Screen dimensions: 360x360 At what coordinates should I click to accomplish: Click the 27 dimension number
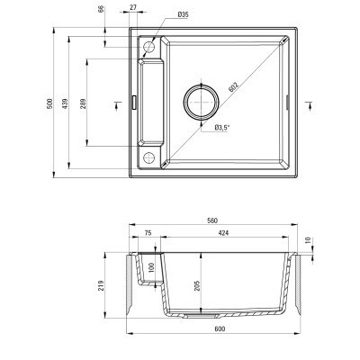[134, 9]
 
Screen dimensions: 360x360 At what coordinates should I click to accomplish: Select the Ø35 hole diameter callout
[183, 14]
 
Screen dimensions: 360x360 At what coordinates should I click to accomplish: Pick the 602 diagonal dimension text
[230, 88]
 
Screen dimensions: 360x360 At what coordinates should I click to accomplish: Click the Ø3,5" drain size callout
[223, 128]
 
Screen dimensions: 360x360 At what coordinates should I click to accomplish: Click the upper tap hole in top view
[149, 44]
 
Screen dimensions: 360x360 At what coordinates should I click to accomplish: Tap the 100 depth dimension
[152, 267]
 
